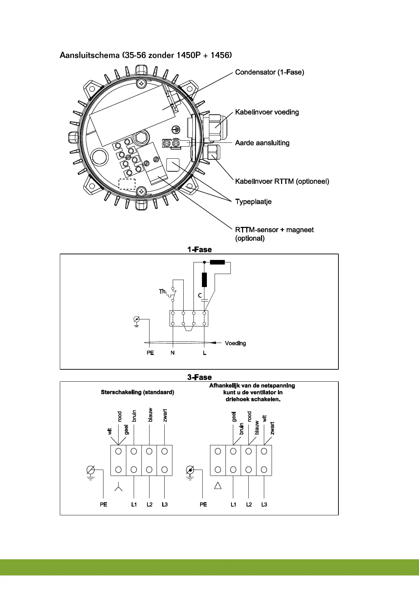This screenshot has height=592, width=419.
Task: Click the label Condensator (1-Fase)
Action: click(269, 72)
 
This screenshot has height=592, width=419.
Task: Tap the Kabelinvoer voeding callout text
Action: click(267, 112)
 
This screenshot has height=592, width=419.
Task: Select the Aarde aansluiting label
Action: click(262, 143)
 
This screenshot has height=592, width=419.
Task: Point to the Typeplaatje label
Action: click(253, 202)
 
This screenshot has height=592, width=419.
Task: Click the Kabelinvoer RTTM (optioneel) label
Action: click(282, 182)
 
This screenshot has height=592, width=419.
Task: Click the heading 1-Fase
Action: click(199, 249)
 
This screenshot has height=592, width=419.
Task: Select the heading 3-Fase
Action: click(199, 377)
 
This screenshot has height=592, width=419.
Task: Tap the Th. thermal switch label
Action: click(163, 292)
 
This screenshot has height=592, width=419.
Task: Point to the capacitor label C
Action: click(200, 295)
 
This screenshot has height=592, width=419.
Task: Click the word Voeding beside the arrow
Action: click(235, 343)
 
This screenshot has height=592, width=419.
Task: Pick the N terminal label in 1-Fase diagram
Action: click(172, 352)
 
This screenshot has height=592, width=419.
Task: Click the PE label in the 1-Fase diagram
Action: click(150, 352)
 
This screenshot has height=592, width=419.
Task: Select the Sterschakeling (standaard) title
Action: click(137, 392)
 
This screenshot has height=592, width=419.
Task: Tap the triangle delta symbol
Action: click(218, 486)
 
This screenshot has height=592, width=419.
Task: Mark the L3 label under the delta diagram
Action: click(264, 504)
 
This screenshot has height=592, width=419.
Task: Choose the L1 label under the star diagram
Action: click(134, 504)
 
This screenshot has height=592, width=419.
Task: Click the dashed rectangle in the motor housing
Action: click(127, 184)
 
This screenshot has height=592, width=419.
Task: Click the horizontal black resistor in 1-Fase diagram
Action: click(217, 262)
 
